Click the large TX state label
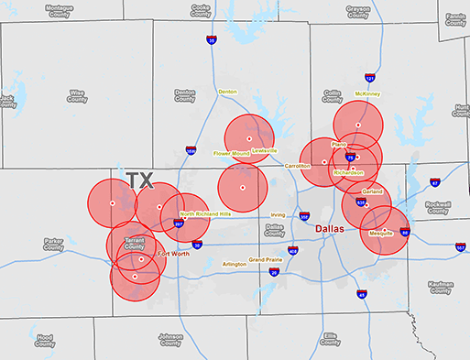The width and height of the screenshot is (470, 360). coord(141,180)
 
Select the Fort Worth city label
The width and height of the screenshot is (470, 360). coord(173,254)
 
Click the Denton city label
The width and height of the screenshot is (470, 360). coord(227,92)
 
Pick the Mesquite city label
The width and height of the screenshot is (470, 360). coord(380,233)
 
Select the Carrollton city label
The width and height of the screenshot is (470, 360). coord(298,166)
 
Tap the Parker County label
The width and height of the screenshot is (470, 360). coord(53,245)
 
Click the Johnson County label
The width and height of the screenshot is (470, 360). coord(170,340)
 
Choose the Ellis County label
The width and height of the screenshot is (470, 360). coord(330,340)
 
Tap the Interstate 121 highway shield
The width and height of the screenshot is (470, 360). coord(369,79)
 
